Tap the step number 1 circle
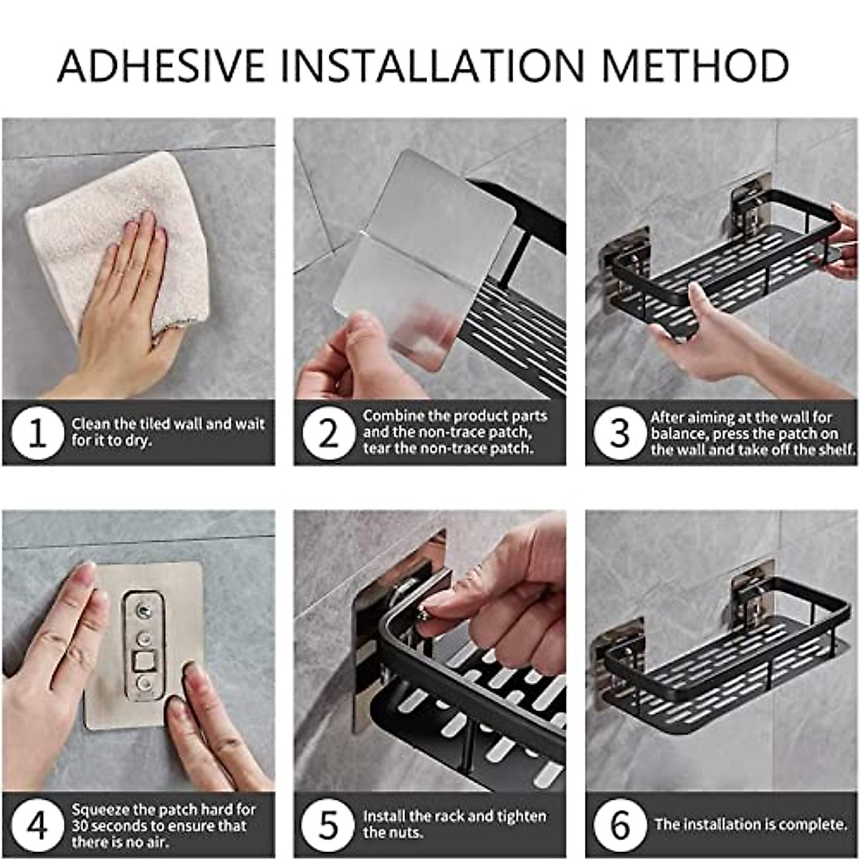(x=37, y=433)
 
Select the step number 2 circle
(x=328, y=433)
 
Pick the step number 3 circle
(x=619, y=433)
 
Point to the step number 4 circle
(x=37, y=826)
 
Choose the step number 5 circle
(x=328, y=826)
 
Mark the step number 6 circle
(x=619, y=826)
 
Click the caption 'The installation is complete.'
(x=750, y=825)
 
